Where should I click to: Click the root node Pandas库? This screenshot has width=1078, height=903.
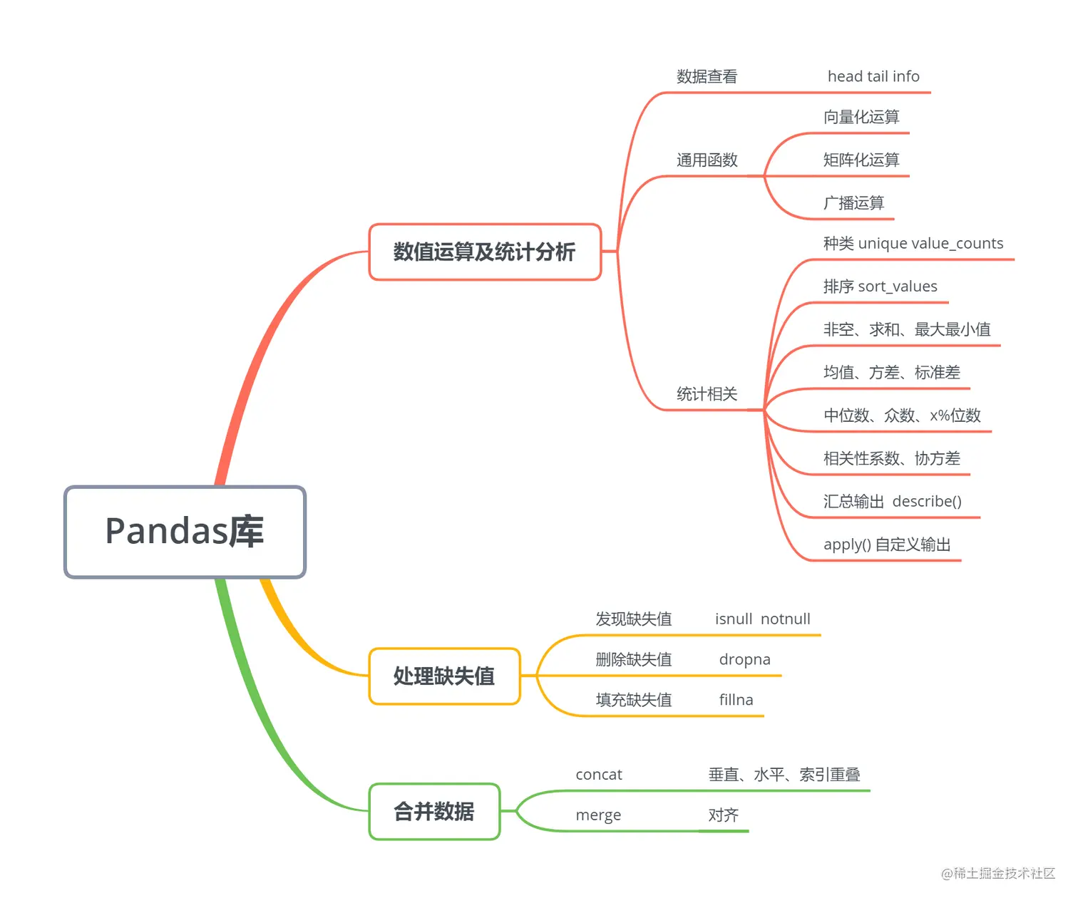(185, 532)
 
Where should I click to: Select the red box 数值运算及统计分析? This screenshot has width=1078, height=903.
(485, 252)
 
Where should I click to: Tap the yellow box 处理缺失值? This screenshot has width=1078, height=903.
(444, 676)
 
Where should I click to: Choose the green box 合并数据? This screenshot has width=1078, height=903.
(434, 811)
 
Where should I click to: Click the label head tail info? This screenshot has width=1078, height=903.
(873, 76)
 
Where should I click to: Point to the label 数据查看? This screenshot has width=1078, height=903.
(707, 76)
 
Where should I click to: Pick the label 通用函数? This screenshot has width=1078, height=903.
(707, 160)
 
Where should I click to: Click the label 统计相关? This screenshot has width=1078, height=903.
(707, 394)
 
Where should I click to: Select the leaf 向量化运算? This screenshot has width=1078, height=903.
(861, 117)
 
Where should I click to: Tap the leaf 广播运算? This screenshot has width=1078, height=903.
(853, 203)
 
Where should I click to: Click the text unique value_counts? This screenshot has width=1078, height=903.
(930, 244)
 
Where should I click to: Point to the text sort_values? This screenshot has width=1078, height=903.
(898, 287)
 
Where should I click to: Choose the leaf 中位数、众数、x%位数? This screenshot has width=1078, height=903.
(902, 416)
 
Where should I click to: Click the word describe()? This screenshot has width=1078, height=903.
(927, 502)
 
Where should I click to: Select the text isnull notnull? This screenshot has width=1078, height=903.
(762, 619)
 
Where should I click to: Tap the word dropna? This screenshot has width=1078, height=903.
(744, 659)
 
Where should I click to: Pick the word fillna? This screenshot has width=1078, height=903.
(736, 700)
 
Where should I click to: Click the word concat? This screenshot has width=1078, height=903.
(599, 775)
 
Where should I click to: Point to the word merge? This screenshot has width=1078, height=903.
(598, 815)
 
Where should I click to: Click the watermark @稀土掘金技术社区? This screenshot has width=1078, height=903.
(997, 873)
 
